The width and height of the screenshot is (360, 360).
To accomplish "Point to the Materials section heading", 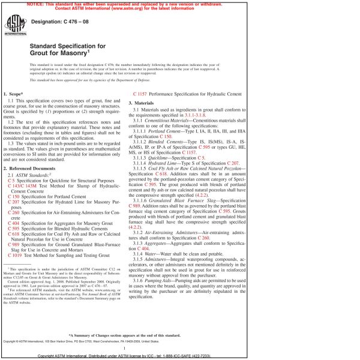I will tap(146, 104).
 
